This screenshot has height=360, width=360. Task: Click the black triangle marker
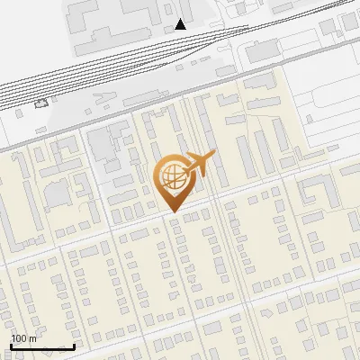181,23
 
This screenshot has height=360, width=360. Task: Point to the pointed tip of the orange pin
170,212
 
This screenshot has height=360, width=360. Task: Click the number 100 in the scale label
20,338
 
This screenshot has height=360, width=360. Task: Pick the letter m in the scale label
32,338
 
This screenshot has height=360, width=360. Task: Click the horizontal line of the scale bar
41,346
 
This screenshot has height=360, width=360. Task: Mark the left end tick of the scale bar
10,345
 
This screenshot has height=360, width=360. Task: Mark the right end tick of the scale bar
74,345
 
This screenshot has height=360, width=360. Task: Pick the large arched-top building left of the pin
58,193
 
